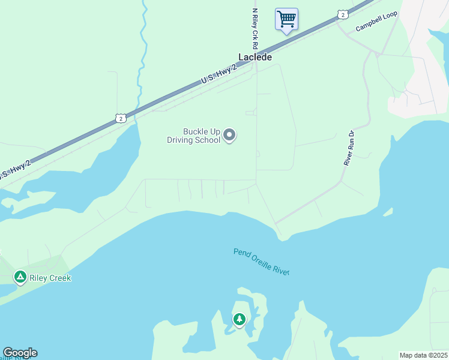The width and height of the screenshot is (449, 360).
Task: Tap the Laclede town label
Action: (255, 58)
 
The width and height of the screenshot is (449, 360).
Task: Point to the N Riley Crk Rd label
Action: (255, 28)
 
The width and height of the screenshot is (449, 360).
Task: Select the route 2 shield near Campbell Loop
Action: (342, 14)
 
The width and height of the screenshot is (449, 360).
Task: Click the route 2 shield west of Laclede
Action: (121, 119)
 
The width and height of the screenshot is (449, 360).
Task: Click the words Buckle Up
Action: (202, 132)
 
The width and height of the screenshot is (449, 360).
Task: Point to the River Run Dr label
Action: (349, 147)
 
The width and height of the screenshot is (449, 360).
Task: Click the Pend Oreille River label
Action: (262, 261)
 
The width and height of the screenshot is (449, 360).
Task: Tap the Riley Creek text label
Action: (51, 278)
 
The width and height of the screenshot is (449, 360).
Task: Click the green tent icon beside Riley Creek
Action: (20, 277)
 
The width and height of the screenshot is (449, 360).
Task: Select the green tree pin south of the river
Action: (240, 319)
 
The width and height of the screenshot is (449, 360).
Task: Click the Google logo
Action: (20, 353)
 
